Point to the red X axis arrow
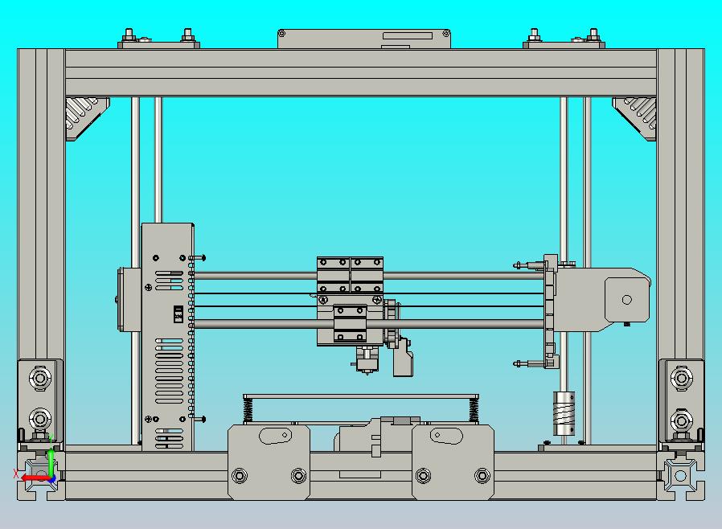[x=31, y=478]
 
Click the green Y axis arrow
[x=50, y=458]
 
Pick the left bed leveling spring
[x=248, y=409]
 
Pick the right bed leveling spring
[x=473, y=409]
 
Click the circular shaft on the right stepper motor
[x=626, y=300]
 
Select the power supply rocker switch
[x=178, y=314]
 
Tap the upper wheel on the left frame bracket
[x=39, y=377]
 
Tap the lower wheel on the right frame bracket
[x=682, y=420]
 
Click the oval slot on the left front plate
[x=276, y=436]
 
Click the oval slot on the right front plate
[x=446, y=436]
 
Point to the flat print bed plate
[x=360, y=396]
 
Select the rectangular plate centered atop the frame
[x=363, y=39]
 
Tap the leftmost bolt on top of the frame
[x=129, y=35]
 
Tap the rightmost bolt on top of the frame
[x=593, y=35]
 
